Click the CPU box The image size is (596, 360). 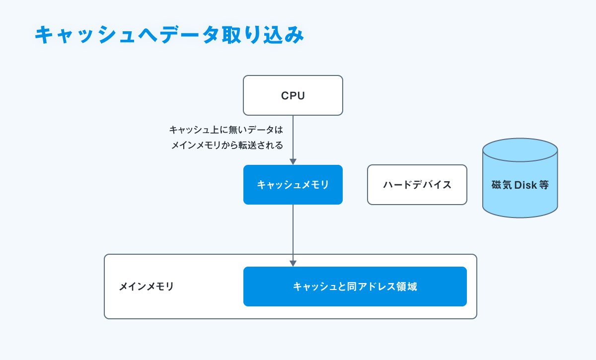[x=293, y=95]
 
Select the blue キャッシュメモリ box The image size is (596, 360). [x=293, y=185]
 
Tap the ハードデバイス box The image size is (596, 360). [x=417, y=185]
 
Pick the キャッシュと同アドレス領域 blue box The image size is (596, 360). [x=355, y=287]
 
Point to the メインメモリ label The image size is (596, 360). [x=146, y=287]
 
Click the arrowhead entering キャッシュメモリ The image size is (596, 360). [x=293, y=162]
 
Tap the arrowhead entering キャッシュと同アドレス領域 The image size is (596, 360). [x=293, y=264]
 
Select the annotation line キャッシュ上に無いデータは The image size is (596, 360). [x=226, y=130]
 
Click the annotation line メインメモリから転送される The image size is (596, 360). [x=227, y=145]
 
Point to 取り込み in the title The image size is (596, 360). [x=263, y=35]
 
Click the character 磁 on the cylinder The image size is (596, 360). [x=497, y=185]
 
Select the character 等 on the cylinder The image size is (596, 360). [x=544, y=185]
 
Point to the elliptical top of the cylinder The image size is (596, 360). [x=520, y=150]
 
